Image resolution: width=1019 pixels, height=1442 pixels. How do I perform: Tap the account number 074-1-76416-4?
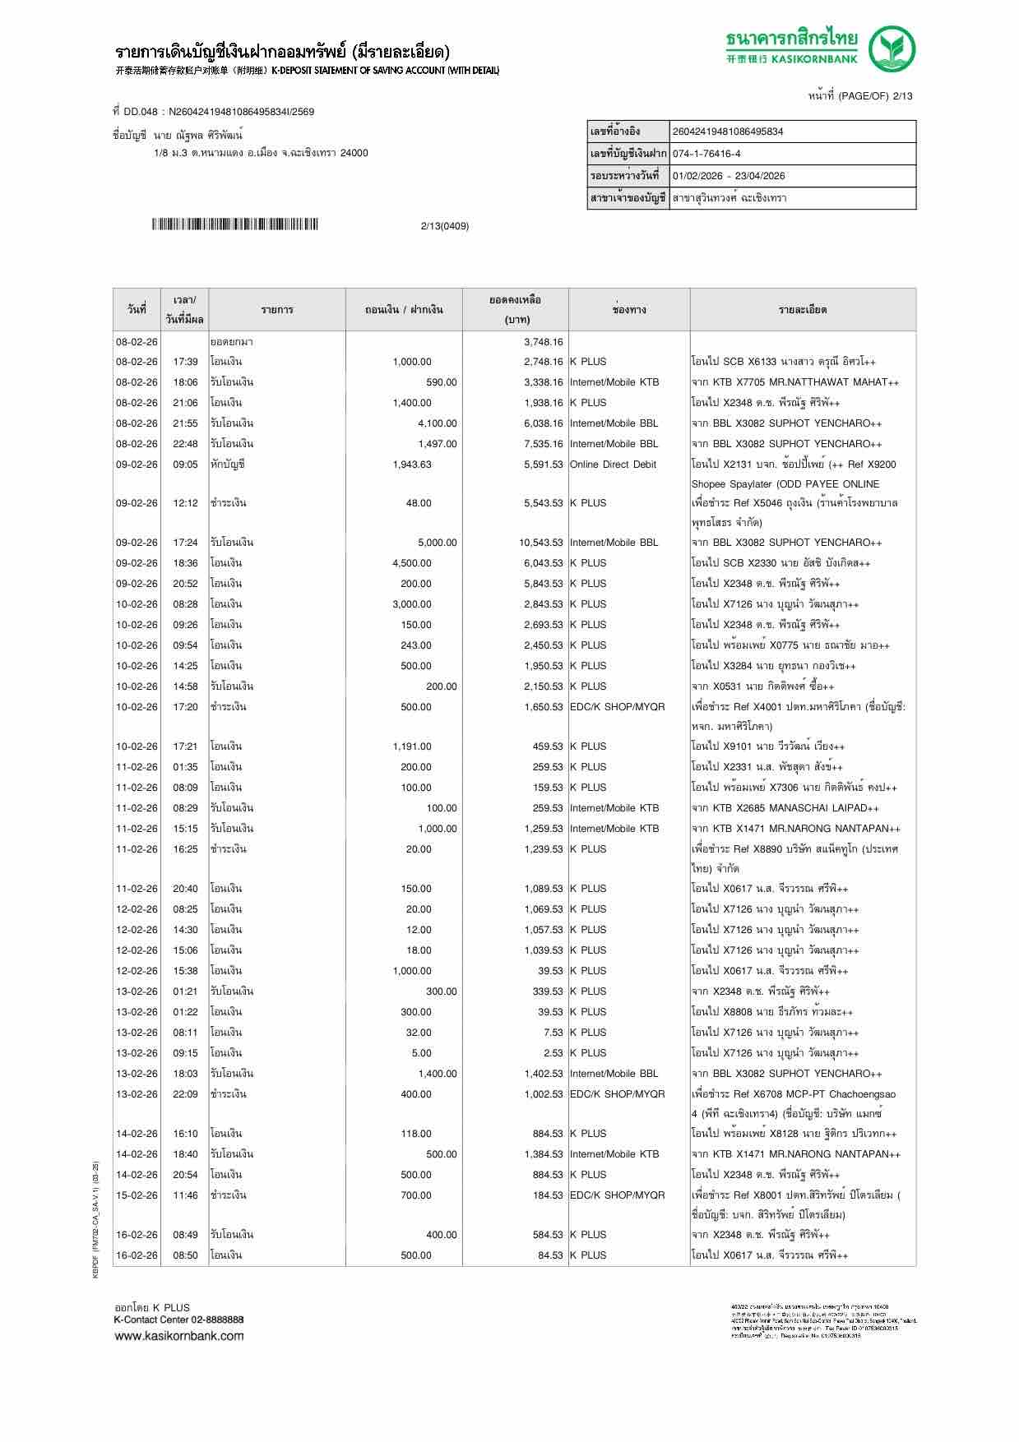tap(706, 154)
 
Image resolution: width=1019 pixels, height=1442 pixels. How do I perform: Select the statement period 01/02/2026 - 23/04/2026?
tap(728, 176)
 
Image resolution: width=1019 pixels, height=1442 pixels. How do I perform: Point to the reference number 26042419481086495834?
tap(727, 132)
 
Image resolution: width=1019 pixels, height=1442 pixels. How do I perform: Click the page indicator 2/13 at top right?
tap(902, 96)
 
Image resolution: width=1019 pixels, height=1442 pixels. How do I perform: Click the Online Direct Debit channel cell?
tap(613, 464)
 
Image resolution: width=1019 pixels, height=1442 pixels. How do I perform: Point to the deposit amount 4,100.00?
tap(437, 423)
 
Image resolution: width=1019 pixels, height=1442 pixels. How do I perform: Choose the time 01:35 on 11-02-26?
tap(185, 767)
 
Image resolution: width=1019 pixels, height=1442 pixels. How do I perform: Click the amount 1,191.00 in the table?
tap(411, 746)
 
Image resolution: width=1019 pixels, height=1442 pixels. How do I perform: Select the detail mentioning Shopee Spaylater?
tap(785, 484)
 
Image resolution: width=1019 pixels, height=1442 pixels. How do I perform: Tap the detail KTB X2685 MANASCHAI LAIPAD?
tap(794, 808)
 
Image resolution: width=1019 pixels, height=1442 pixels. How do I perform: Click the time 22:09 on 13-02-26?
tap(185, 1094)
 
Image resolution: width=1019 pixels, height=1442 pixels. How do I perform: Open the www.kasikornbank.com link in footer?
tap(178, 1335)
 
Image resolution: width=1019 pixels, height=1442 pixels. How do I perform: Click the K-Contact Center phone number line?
tap(178, 1320)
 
